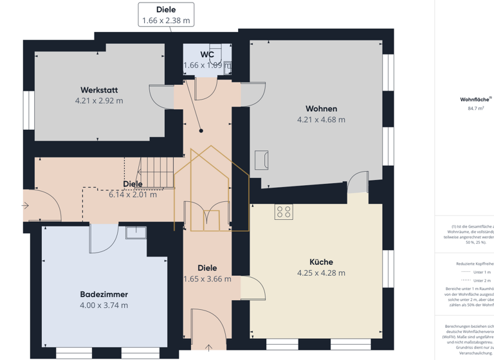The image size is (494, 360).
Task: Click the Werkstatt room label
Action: click(99, 90)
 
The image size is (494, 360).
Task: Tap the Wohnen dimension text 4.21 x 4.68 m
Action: click(321, 120)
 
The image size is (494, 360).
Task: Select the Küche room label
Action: click(321, 262)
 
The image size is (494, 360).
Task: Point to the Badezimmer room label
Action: click(104, 294)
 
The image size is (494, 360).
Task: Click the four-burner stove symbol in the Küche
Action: click(284, 212)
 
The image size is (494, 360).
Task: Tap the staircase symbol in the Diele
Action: click(158, 173)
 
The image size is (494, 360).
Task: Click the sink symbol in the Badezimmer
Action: click(136, 232)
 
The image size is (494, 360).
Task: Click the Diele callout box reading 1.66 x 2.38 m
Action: click(166, 15)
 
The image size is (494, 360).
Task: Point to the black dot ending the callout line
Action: click(201, 130)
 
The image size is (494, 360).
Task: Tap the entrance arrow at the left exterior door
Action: click(25, 206)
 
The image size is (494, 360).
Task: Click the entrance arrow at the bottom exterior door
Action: click(208, 348)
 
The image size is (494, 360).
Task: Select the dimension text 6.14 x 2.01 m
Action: click(133, 194)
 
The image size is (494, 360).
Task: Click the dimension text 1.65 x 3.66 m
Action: click(207, 279)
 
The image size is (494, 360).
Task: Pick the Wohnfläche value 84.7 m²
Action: click(475, 109)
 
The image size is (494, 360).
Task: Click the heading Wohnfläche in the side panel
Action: click(475, 100)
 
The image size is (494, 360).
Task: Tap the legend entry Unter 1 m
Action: click(481, 272)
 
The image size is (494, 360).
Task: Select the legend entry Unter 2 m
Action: click(481, 281)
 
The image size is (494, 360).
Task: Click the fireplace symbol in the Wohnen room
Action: click(261, 159)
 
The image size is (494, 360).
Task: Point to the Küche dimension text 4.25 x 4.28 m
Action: click(321, 273)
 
